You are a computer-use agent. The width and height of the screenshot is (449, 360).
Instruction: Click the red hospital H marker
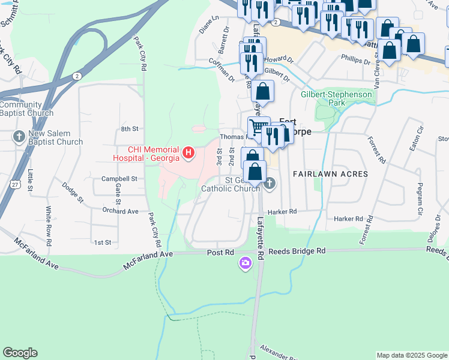[x=188, y=154]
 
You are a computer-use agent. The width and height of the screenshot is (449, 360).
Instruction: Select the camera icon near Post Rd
[x=245, y=263]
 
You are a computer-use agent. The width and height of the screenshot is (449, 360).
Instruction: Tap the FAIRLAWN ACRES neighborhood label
[x=330, y=173]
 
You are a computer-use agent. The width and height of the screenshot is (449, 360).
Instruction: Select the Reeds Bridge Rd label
[x=297, y=251]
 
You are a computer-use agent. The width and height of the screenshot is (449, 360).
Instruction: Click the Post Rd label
[x=220, y=253]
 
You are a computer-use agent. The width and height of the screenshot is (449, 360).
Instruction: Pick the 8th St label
[x=129, y=129]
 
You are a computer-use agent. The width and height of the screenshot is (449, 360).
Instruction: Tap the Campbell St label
[x=119, y=179]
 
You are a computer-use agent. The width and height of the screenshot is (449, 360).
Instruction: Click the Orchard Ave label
[x=120, y=211]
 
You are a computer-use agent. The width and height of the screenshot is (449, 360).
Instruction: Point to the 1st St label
[x=103, y=242]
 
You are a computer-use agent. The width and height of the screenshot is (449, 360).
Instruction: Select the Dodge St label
[x=71, y=193]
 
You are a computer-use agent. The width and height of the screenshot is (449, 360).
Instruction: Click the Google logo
[x=20, y=353]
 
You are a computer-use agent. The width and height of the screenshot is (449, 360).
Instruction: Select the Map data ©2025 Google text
[x=411, y=355]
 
